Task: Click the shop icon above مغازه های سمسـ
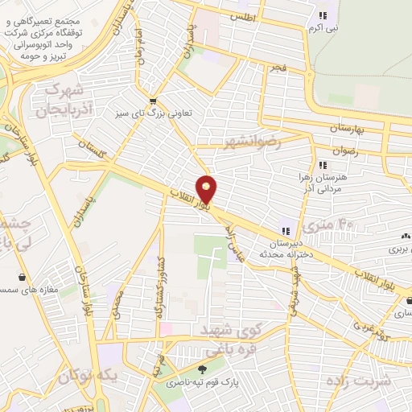(x=20, y=277)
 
